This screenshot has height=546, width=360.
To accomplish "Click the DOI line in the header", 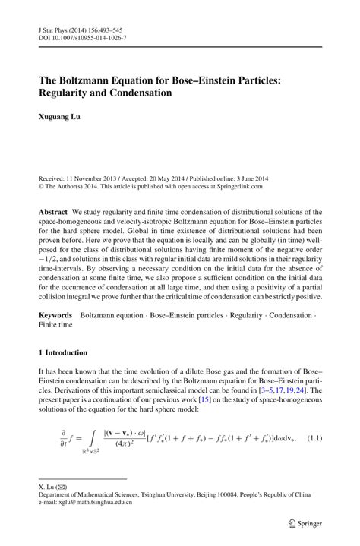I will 82,37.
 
